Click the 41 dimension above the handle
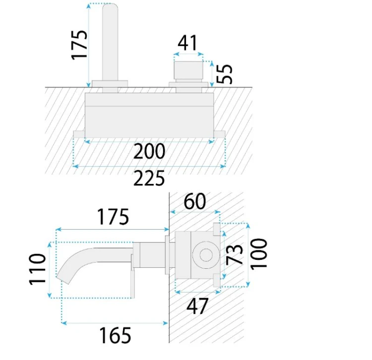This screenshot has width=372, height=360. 187,43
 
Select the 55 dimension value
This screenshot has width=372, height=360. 224,74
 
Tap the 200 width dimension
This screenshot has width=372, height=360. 149,151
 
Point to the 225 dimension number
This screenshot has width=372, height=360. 149,178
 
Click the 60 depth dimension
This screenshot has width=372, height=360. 195,201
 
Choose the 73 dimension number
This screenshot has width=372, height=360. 234,254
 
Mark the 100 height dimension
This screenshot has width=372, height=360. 258,254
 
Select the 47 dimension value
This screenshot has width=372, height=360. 197,306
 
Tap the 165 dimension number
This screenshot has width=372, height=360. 115,335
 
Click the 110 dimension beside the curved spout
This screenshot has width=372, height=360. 37,269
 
